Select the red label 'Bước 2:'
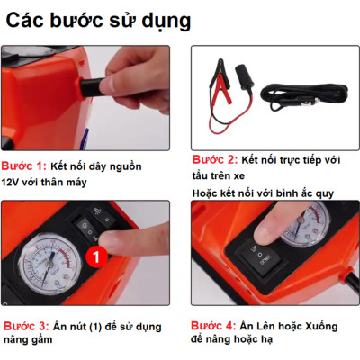pos(215,159)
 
